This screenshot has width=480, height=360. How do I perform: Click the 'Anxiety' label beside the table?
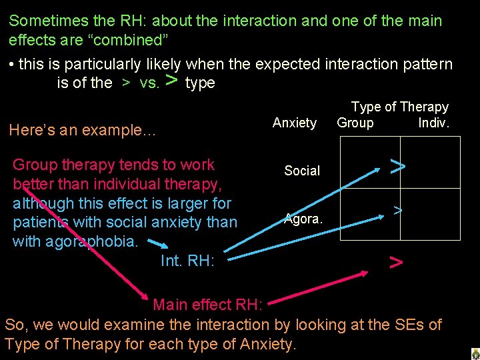pyautogui.click(x=295, y=123)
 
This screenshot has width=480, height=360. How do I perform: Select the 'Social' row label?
pyautogui.click(x=302, y=171)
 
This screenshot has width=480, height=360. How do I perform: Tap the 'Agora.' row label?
pyautogui.click(x=304, y=218)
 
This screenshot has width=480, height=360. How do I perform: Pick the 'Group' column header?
pyautogui.click(x=355, y=123)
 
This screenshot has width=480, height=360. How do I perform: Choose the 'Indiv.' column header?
pyautogui.click(x=434, y=123)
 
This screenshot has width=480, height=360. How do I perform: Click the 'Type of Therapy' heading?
pyautogui.click(x=400, y=107)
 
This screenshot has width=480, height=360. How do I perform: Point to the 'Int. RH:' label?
pyautogui.click(x=187, y=261)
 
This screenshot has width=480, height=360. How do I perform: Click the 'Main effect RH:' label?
pyautogui.click(x=208, y=305)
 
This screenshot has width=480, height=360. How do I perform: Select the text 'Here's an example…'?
pyautogui.click(x=82, y=131)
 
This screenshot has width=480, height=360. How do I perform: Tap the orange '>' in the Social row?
pyautogui.click(x=397, y=166)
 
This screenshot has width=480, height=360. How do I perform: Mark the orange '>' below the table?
pyautogui.click(x=396, y=263)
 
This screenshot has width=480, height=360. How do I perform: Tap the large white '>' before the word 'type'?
pyautogui.click(x=171, y=81)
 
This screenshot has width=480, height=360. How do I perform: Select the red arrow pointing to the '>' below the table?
pyautogui.click(x=320, y=287)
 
